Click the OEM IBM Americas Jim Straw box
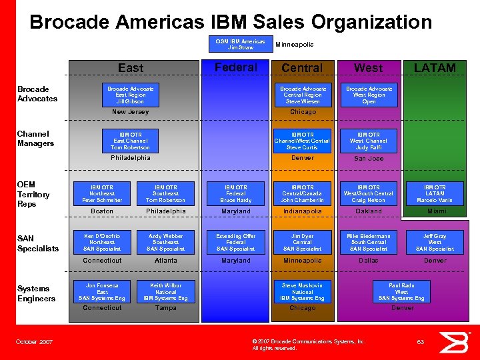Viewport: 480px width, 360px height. click(240, 44)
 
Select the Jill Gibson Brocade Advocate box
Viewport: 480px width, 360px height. click(131, 95)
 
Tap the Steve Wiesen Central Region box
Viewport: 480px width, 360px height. click(303, 95)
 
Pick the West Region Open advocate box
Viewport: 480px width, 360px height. click(369, 95)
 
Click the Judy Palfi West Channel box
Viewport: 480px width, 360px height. click(369, 141)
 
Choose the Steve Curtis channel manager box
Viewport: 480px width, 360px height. click(303, 141)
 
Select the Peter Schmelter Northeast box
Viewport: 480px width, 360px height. click(102, 194)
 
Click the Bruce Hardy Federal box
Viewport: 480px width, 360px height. click(236, 194)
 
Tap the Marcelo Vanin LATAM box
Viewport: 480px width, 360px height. click(435, 194)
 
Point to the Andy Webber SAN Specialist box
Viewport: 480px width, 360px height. click(166, 242)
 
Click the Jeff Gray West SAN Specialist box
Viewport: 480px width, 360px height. click(435, 242)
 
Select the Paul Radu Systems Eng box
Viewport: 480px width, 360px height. click(401, 291)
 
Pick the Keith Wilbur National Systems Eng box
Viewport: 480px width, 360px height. click(166, 291)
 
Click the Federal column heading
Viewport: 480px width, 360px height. click(236, 67)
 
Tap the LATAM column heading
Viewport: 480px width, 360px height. click(435, 67)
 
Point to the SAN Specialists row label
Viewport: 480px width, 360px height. click(38, 243)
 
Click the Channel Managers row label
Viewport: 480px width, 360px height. click(36, 139)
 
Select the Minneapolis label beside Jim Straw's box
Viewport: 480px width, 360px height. click(295, 45)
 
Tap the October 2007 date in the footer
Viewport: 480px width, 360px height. click(35, 342)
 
